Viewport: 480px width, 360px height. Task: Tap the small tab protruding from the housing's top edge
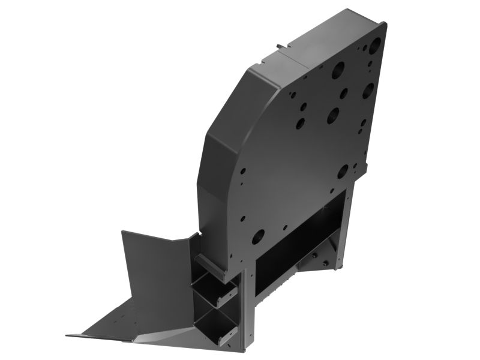[x=279, y=46]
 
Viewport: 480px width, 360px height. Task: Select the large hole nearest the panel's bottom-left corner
[x=258, y=236]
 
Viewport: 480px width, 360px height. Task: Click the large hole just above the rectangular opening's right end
[x=343, y=171]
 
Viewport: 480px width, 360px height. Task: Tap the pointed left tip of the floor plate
[x=69, y=335]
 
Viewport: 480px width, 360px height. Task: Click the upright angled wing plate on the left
[x=153, y=264]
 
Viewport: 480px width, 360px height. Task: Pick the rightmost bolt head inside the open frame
[x=327, y=263]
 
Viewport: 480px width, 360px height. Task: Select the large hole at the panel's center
[x=333, y=115]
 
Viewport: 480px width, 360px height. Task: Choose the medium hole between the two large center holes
[x=344, y=93]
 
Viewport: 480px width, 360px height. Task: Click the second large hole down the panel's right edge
[x=368, y=90]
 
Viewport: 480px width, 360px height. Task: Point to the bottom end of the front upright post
[x=242, y=347]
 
